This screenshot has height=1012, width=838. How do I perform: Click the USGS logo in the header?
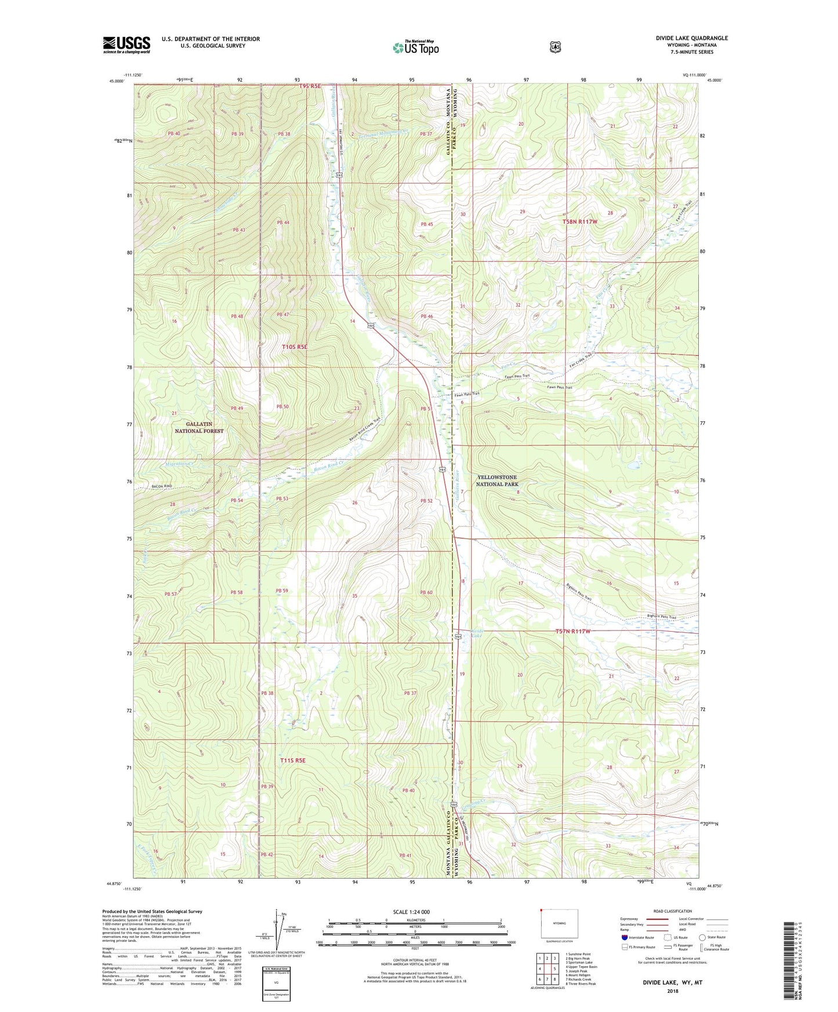coord(126,45)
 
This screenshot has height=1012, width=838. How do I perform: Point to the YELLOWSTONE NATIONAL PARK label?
coord(496,480)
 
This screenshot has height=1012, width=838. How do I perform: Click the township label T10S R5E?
coord(294,347)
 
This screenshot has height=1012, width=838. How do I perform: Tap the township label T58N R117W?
coord(579,222)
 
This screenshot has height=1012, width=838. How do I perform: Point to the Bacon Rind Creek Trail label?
coord(365,429)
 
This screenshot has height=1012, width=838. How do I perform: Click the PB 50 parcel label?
coord(282,407)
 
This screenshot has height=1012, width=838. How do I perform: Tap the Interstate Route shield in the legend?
coord(624,937)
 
